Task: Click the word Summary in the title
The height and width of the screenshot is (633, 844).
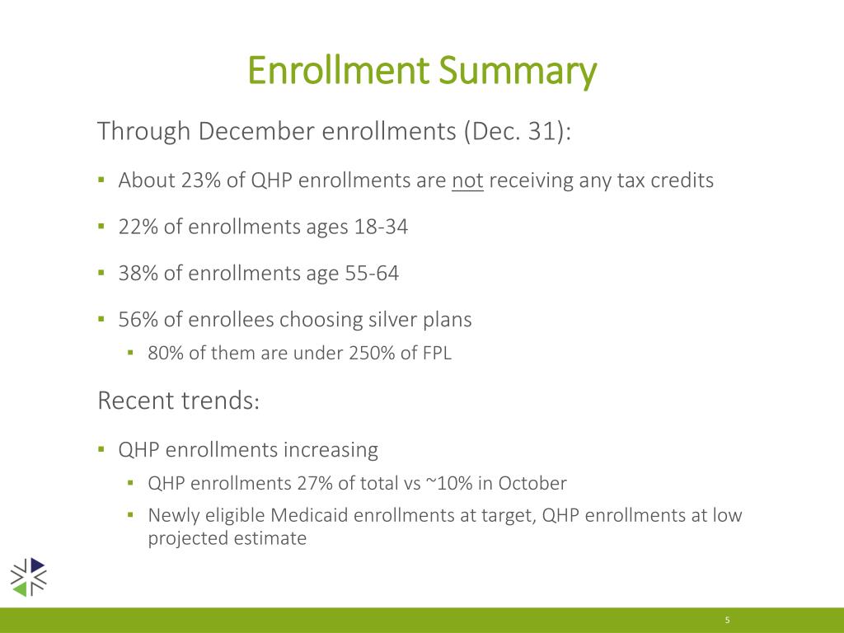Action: coord(517,72)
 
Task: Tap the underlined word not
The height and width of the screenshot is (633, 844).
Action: coord(467,180)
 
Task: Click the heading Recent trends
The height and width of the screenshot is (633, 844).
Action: coord(179,401)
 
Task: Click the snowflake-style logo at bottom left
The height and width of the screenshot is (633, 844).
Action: coord(29,576)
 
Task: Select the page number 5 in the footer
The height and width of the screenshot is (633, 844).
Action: coord(728,620)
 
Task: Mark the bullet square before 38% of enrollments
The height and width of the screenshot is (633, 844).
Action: coord(101,273)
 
